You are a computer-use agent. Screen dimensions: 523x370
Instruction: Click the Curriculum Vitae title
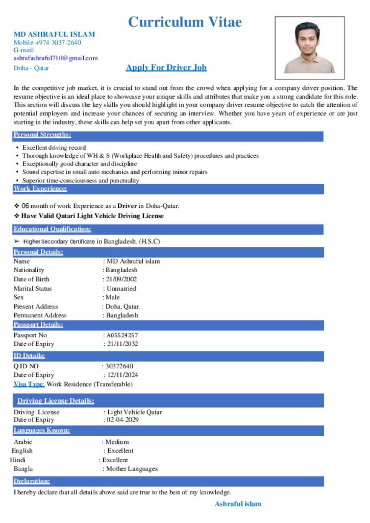pyautogui.click(x=185, y=22)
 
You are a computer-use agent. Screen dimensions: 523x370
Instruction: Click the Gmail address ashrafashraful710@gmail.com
pyautogui.click(x=55, y=58)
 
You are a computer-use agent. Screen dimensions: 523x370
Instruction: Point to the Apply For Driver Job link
pyautogui.click(x=166, y=67)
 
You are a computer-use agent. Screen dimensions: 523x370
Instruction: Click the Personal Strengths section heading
pyautogui.click(x=42, y=135)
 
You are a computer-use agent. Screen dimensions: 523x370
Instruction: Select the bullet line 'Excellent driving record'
pyautogui.click(x=54, y=148)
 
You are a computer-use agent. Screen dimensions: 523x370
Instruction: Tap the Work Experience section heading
pyautogui.click(x=40, y=189)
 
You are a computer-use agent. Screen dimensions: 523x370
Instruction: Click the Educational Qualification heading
pyautogui.click(x=52, y=229)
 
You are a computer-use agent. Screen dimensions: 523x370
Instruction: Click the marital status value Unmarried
pyautogui.click(x=121, y=289)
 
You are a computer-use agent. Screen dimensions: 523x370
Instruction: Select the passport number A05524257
pyautogui.click(x=122, y=336)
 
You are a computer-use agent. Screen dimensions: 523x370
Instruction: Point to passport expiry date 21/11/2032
pyautogui.click(x=122, y=344)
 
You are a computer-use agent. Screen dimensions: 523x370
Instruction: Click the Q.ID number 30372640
pyautogui.click(x=119, y=366)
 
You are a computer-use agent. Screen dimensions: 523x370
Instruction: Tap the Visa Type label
pyautogui.click(x=29, y=384)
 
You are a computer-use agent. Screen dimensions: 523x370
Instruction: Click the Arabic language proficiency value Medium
pyautogui.click(x=117, y=442)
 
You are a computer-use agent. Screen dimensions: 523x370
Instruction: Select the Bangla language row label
pyautogui.click(x=23, y=469)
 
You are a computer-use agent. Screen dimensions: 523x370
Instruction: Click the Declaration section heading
pyautogui.click(x=32, y=481)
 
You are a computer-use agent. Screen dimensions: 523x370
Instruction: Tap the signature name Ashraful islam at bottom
pyautogui.click(x=238, y=504)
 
